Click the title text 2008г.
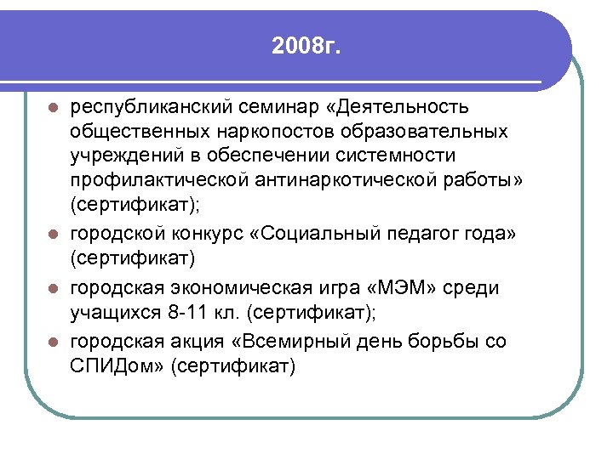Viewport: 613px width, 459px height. point(306,45)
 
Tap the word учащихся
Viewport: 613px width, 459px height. point(115,312)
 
